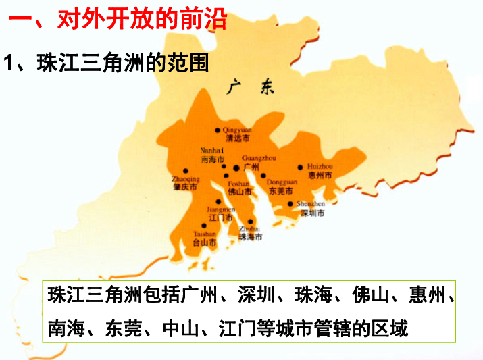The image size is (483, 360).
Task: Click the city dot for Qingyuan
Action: point(218,130)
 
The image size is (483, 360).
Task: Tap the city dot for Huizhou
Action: point(301,167)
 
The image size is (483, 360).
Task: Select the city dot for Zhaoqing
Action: point(186,171)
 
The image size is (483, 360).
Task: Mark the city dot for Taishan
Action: point(204,226)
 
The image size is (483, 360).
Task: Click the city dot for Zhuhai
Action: point(251,222)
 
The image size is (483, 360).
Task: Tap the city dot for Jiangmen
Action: point(218,201)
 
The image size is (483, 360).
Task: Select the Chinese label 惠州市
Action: point(320,175)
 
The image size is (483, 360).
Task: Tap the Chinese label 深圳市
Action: point(312,213)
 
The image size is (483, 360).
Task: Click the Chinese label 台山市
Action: point(205,241)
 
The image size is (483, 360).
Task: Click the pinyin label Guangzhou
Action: point(259,157)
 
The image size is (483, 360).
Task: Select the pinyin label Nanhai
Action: point(212,151)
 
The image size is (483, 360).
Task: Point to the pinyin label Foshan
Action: point(238,183)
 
